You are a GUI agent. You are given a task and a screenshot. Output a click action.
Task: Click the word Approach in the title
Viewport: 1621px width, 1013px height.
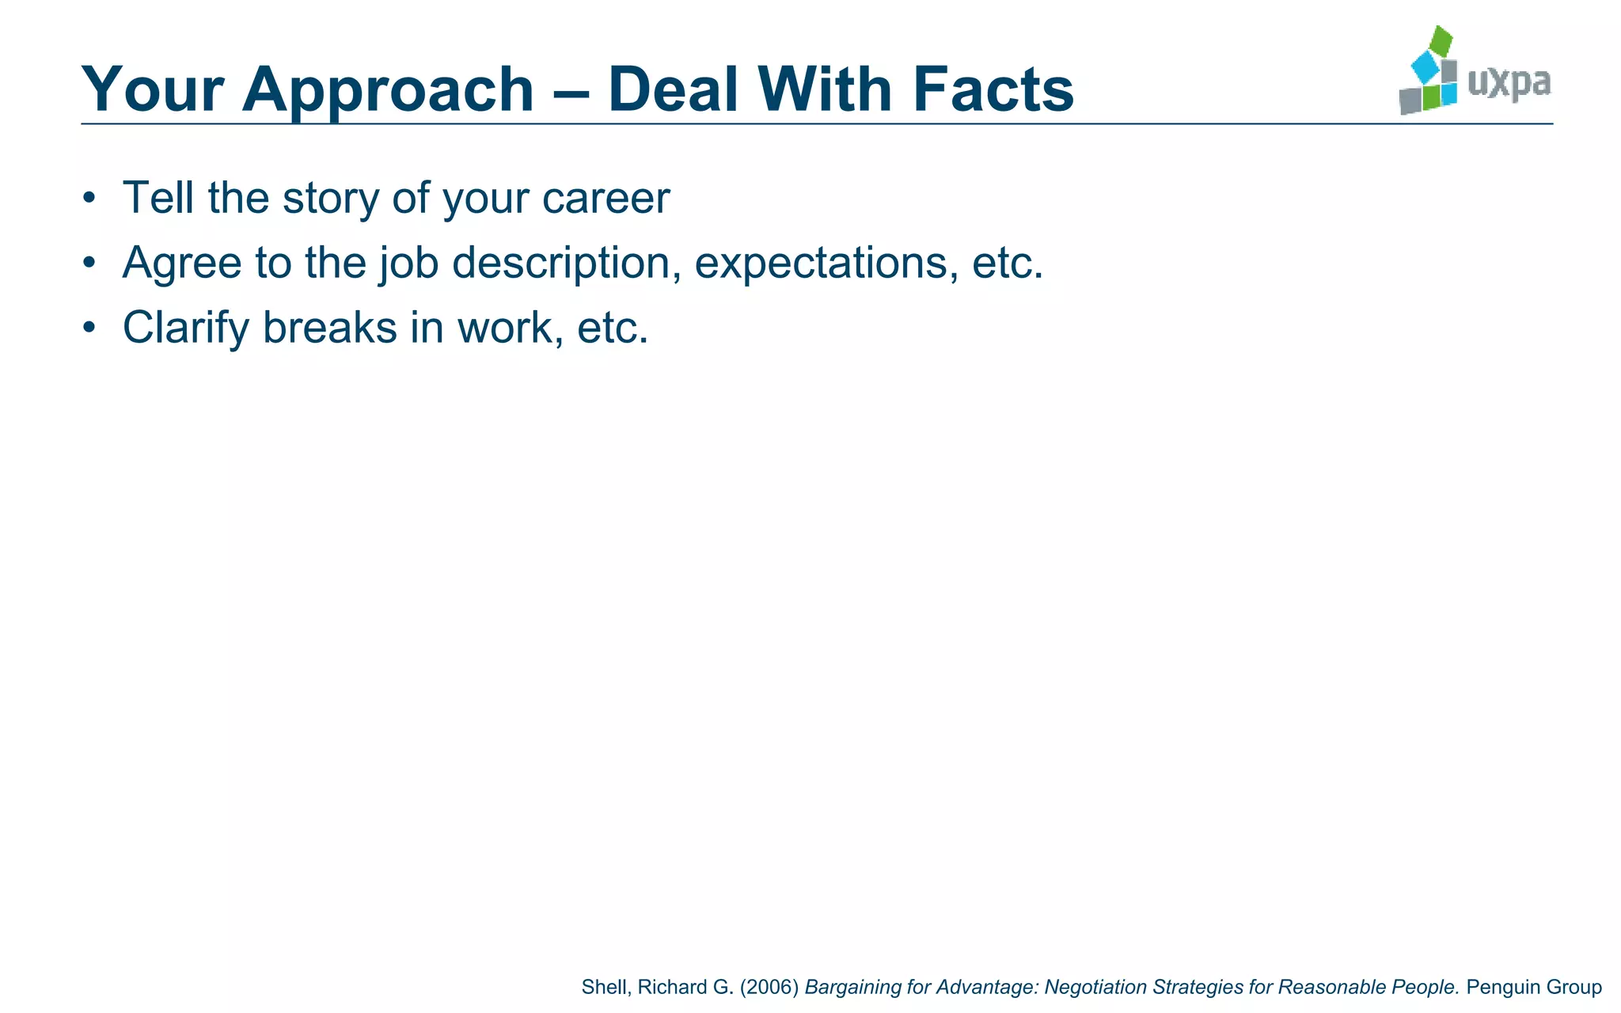(388, 90)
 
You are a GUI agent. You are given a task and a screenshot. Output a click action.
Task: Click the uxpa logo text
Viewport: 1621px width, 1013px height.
(1509, 83)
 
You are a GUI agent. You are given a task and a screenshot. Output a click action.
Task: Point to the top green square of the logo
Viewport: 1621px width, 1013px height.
(1442, 40)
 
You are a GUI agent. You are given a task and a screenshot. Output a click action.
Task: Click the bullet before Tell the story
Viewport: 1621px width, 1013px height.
(89, 197)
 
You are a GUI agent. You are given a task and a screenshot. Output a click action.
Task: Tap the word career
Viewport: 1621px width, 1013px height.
(606, 199)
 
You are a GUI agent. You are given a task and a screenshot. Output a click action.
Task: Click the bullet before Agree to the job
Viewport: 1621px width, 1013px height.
(89, 262)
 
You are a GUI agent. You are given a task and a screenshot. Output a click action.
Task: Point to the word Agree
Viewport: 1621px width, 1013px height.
(182, 264)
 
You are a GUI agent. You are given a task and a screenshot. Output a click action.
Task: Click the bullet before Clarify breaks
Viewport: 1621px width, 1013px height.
(89, 327)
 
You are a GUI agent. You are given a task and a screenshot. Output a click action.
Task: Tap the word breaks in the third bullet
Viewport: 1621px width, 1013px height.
(330, 327)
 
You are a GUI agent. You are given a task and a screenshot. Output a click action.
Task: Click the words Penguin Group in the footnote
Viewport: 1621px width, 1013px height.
(1534, 987)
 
